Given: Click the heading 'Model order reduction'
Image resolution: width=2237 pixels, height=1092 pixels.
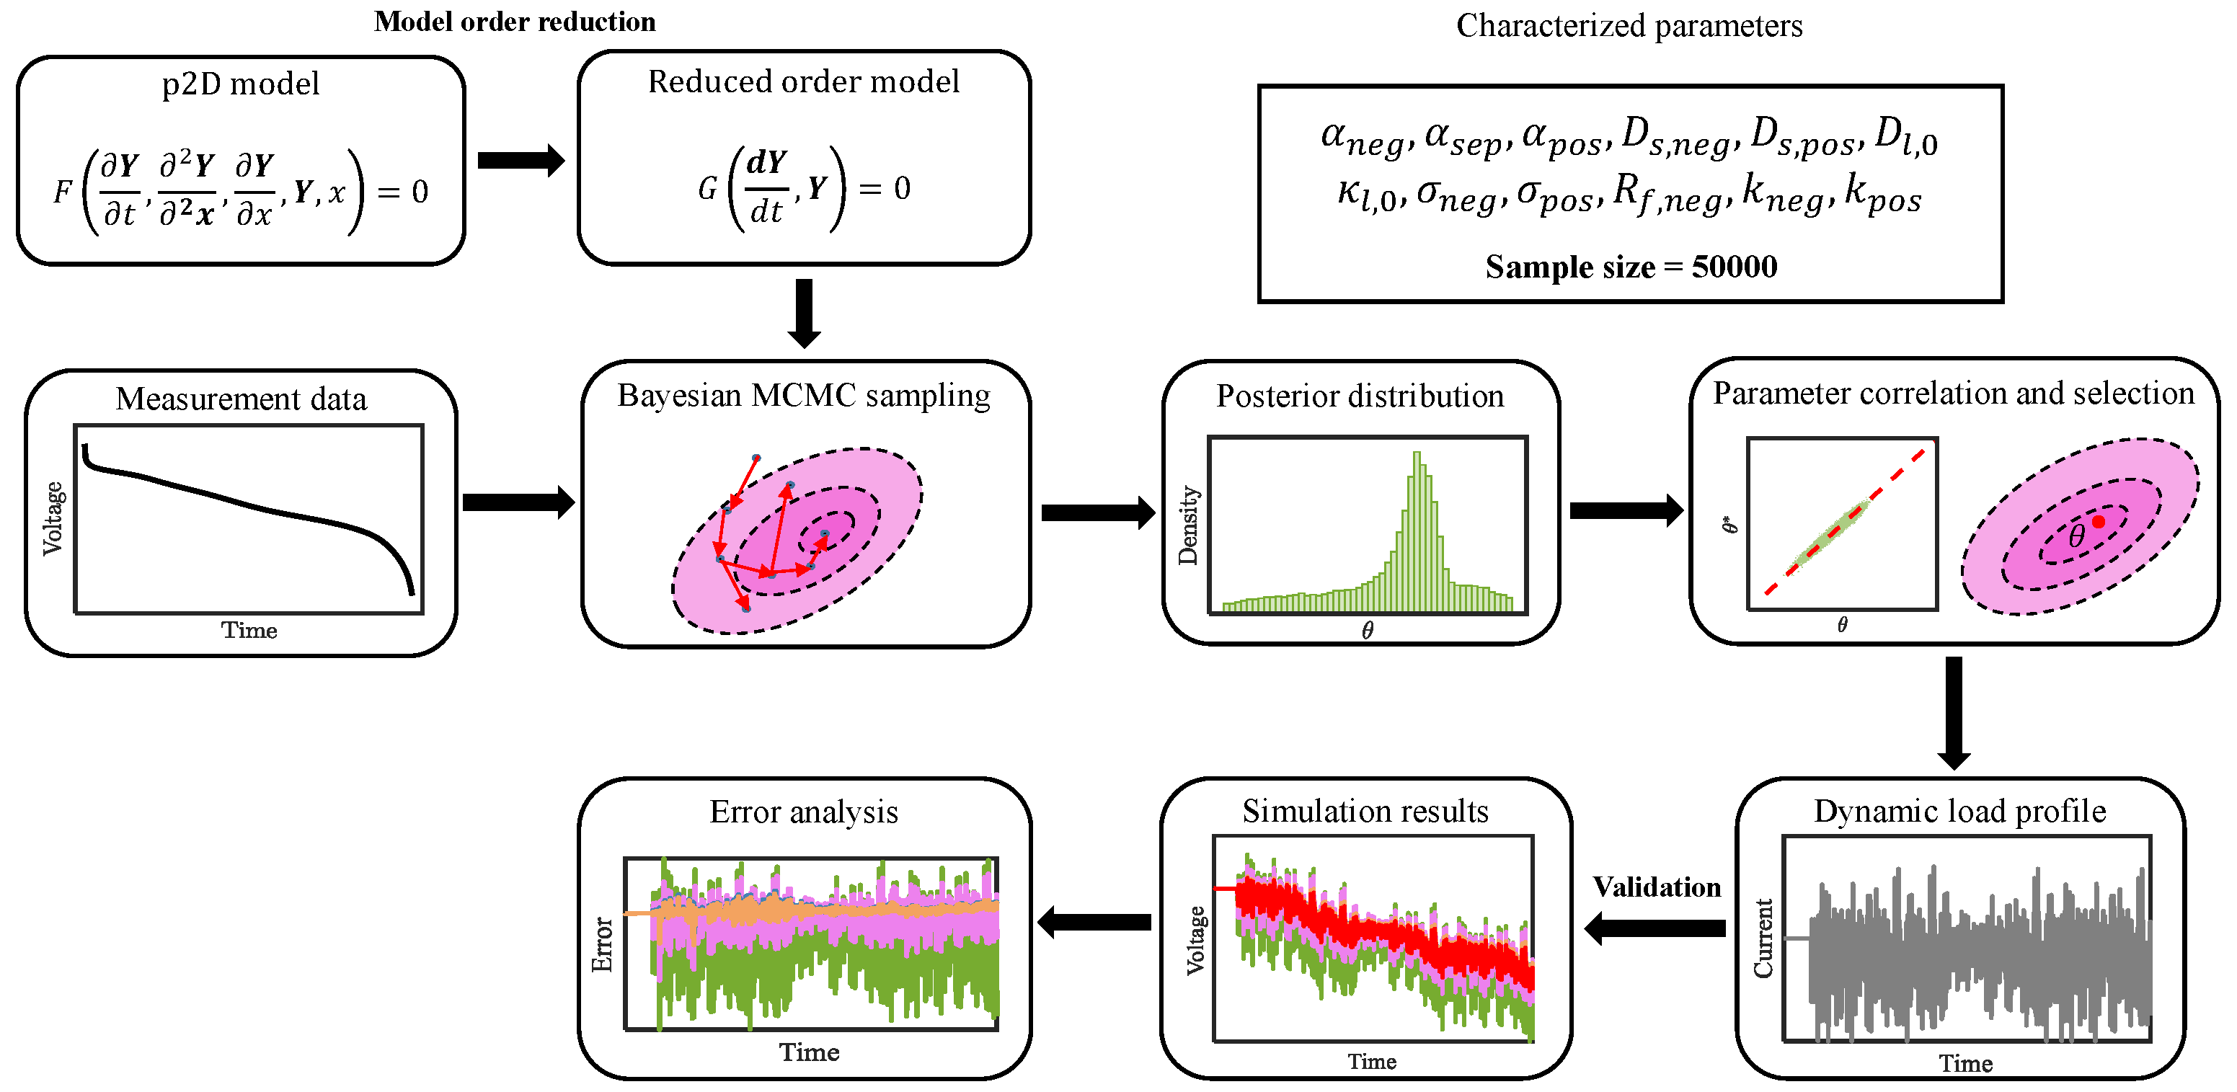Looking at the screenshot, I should click(514, 22).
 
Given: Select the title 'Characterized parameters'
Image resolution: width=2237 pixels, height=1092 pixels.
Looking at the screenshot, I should click(1629, 26).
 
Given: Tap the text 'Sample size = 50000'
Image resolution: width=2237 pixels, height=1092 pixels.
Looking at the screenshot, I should click(1630, 267).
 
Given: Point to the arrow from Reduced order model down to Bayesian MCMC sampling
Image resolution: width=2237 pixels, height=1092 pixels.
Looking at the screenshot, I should click(804, 313).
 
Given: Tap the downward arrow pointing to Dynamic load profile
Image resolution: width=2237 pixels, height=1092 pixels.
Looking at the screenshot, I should click(1953, 712).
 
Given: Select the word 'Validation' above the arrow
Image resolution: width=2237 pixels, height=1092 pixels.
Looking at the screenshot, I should click(1656, 887).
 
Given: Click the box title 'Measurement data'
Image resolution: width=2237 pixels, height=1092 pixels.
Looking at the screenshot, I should click(241, 399).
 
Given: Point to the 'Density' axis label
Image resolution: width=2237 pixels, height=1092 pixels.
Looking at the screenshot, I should click(1187, 525).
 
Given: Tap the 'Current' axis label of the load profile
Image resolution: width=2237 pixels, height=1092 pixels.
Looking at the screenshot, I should click(1763, 938).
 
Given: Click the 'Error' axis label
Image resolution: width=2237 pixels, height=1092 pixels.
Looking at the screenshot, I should click(602, 944).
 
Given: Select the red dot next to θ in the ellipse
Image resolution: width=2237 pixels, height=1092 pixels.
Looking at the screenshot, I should click(2098, 522).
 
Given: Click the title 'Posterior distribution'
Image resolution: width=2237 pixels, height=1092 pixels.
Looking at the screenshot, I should click(1359, 396).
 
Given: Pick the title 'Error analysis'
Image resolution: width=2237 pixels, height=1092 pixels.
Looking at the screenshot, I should click(803, 812).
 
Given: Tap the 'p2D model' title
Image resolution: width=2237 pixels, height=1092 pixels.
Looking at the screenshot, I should click(241, 84).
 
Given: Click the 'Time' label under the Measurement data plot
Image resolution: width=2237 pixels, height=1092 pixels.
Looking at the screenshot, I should click(249, 630).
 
